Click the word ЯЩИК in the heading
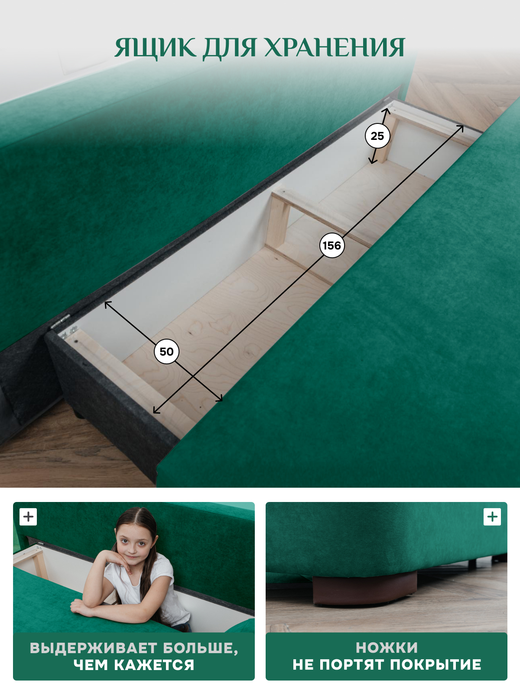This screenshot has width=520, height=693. click(155, 49)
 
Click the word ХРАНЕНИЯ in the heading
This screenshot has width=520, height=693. click(335, 48)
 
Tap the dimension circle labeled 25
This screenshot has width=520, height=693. click(377, 136)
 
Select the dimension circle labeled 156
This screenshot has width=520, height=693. click(332, 245)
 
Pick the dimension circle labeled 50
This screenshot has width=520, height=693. click(166, 351)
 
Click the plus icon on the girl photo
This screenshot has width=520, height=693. click(28, 517)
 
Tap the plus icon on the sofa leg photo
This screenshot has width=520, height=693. click(492, 517)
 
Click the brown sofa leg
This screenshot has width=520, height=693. click(364, 588)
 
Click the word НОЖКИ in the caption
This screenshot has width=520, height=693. click(387, 648)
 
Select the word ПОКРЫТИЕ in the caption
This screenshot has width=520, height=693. click(435, 664)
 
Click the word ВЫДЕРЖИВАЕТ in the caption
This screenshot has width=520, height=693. click(94, 648)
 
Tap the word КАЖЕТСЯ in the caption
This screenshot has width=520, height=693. click(154, 665)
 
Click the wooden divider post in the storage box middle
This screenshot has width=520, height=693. click(277, 221)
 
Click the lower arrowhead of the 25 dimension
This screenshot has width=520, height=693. click(372, 161)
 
